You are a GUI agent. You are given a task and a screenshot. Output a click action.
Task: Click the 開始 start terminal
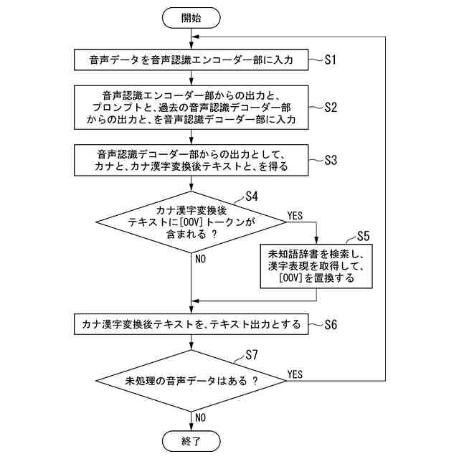tap(191, 18)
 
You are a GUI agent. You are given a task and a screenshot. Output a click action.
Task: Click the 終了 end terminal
tap(191, 440)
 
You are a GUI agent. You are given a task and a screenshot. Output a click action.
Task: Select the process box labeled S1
tap(191, 60)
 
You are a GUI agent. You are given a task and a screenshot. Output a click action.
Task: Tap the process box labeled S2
tap(191, 108)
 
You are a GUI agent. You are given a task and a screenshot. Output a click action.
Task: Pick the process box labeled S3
tap(191, 161)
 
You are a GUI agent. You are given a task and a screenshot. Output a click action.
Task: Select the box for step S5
tap(316, 266)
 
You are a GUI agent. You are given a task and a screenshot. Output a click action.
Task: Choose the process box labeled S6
tap(191, 323)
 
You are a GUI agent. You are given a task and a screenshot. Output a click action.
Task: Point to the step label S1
tap(330, 60)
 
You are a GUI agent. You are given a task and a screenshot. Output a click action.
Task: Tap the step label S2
tap(330, 108)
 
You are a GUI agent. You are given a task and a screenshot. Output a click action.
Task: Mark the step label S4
tap(252, 195)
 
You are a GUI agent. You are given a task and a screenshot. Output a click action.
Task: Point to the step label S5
tap(364, 235)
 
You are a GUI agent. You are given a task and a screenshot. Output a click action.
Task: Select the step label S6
tap(330, 323)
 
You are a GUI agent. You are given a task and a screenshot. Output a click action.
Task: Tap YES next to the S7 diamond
tap(295, 374)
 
